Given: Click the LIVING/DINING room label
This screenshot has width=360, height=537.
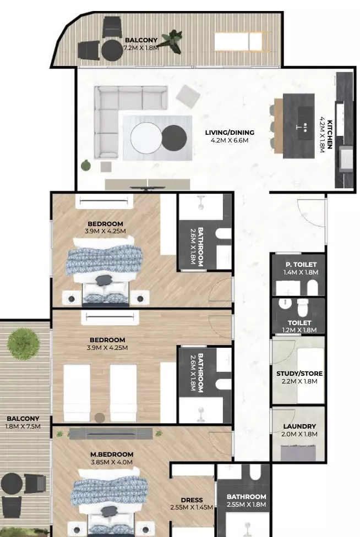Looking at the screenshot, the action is (230, 133).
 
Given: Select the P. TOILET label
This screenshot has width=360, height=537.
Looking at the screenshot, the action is (301, 265).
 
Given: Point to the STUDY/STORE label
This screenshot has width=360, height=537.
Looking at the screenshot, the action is (299, 373).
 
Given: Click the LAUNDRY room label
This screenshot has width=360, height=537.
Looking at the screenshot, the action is (299, 426).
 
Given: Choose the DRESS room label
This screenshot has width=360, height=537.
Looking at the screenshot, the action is (192, 500).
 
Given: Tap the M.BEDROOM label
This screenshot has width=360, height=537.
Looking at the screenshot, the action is (112, 454).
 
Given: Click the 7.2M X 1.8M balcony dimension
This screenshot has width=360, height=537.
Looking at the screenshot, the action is (141, 48).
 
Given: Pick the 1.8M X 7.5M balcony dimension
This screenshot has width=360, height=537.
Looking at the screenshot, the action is (23, 426).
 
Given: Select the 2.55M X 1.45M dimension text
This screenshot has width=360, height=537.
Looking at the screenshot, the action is (192, 507).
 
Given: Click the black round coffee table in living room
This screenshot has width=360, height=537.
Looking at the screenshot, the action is (174, 138).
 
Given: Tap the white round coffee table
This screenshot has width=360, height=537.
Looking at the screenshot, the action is (146, 138).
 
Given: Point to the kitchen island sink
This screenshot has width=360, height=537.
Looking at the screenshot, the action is (305, 123).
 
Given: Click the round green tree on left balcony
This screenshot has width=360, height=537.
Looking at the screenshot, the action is (23, 343).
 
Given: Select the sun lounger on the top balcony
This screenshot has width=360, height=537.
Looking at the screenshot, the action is (242, 41).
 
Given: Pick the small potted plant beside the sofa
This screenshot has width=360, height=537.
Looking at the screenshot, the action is (86, 166).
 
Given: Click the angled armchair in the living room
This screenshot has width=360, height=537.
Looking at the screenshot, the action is (188, 97).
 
